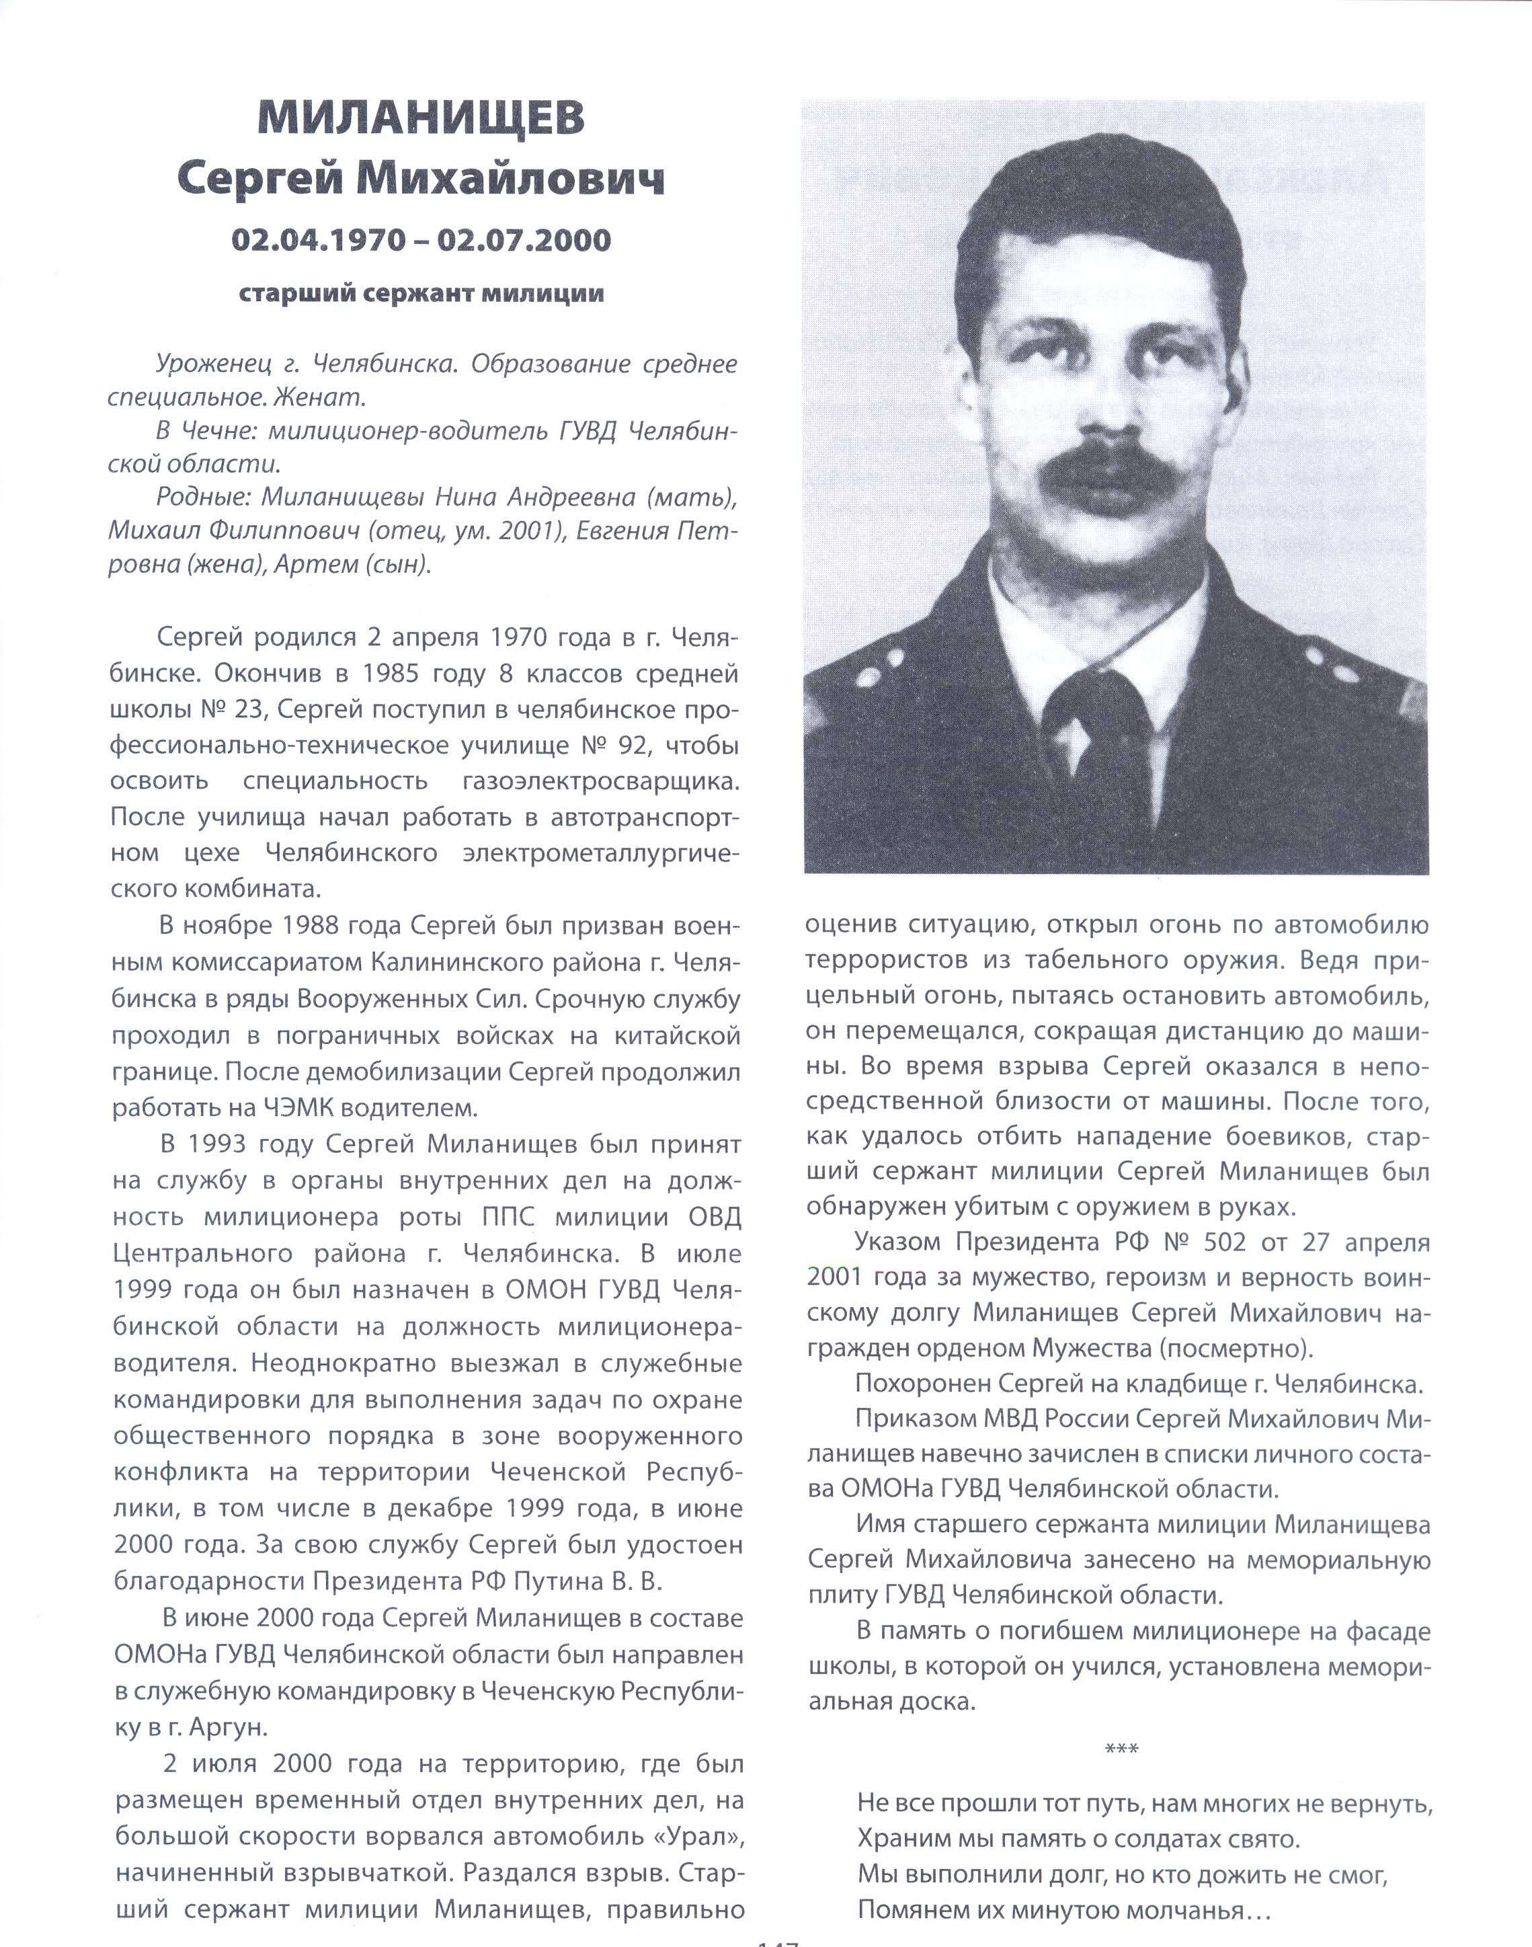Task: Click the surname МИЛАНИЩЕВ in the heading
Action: tap(421, 118)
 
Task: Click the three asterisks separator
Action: tap(1121, 1748)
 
